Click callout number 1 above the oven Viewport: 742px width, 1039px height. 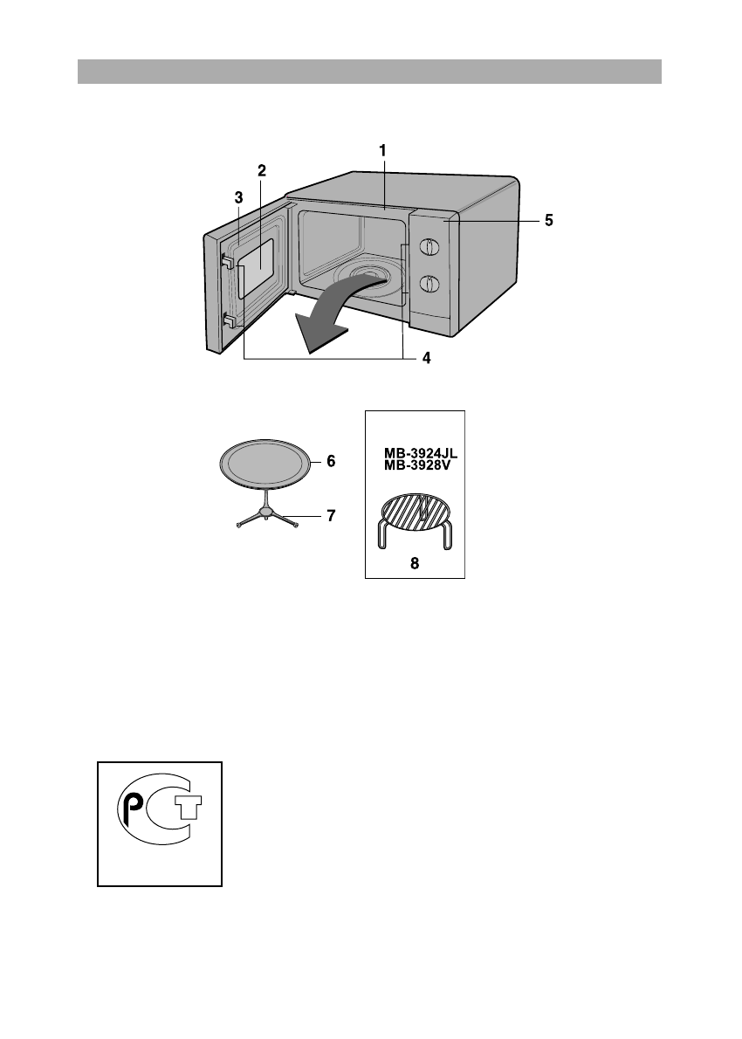(382, 150)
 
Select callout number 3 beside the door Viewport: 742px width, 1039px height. (237, 198)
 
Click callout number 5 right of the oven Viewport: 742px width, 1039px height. (548, 221)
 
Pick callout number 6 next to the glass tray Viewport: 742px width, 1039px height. (331, 461)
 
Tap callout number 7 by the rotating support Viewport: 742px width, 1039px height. (331, 515)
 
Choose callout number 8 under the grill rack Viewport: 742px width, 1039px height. (416, 564)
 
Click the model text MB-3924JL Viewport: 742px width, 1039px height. (422, 454)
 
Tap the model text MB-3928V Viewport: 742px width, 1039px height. (417, 466)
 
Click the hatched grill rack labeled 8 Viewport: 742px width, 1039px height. (416, 513)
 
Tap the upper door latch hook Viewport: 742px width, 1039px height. (226, 260)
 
